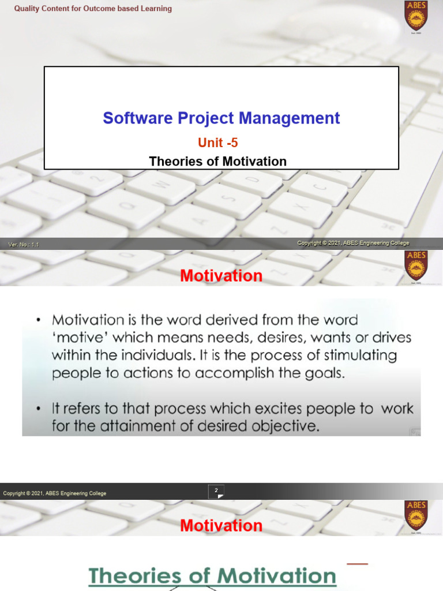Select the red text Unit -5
click(218, 143)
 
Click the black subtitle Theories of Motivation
click(218, 162)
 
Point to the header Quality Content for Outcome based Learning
click(93, 9)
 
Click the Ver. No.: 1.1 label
click(24, 245)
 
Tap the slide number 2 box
click(216, 491)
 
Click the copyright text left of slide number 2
click(55, 493)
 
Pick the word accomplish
click(237, 373)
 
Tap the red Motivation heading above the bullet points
click(221, 276)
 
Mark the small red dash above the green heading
click(357, 563)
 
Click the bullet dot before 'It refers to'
click(39, 409)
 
